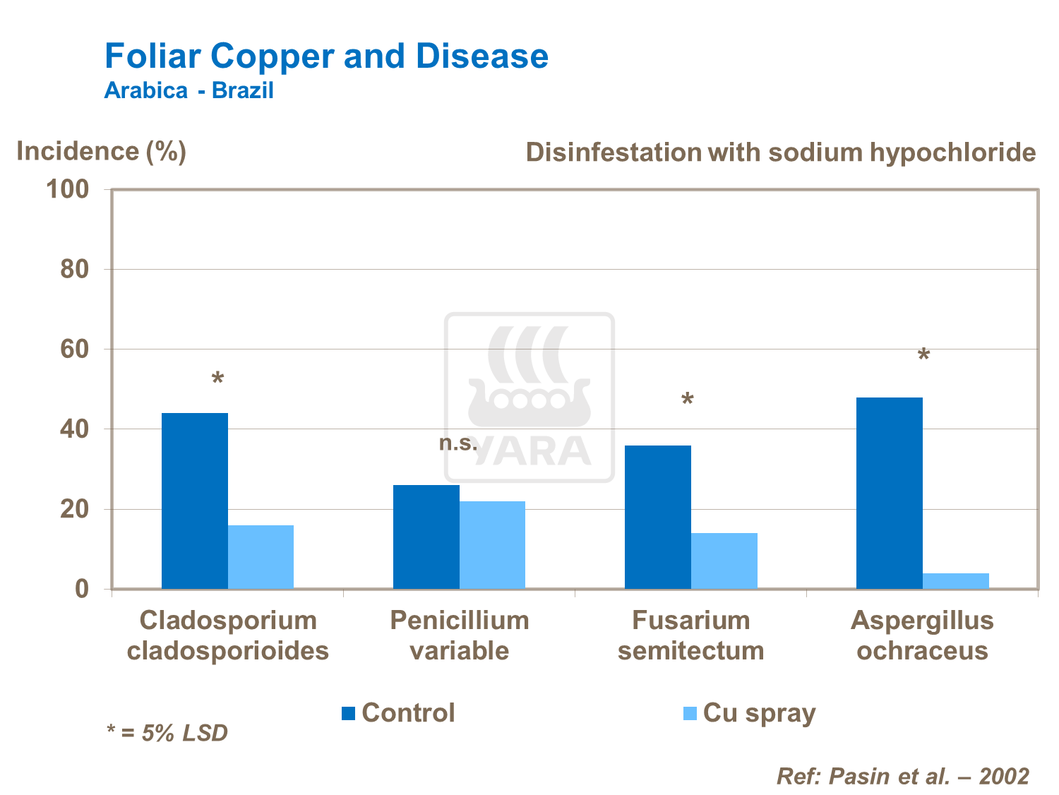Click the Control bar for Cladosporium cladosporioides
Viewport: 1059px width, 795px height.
pyautogui.click(x=195, y=501)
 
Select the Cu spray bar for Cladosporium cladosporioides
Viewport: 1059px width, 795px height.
pyautogui.click(x=261, y=557)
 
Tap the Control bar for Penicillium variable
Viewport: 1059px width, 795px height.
pyautogui.click(x=426, y=537)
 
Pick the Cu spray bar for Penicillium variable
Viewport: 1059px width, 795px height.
pyautogui.click(x=492, y=545)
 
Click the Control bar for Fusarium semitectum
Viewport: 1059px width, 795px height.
pyautogui.click(x=658, y=517)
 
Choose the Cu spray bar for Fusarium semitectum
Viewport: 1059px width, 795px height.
pyautogui.click(x=724, y=561)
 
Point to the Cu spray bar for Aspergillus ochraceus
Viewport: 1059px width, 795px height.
pyautogui.click(x=956, y=580)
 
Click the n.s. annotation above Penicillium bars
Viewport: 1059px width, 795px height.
pyautogui.click(x=458, y=443)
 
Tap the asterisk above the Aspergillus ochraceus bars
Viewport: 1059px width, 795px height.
pyautogui.click(x=923, y=356)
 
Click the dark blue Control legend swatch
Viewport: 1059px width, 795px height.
pyautogui.click(x=348, y=713)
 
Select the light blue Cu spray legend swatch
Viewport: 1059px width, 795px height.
pyautogui.click(x=690, y=713)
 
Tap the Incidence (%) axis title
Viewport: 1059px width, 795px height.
pyautogui.click(x=101, y=151)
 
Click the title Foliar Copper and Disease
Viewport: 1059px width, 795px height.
pyautogui.click(x=326, y=56)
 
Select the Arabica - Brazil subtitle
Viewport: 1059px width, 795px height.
pyautogui.click(x=189, y=91)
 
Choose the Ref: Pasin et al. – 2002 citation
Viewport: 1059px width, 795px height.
pyautogui.click(x=902, y=776)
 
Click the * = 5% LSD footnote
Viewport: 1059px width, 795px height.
pyautogui.click(x=167, y=733)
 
